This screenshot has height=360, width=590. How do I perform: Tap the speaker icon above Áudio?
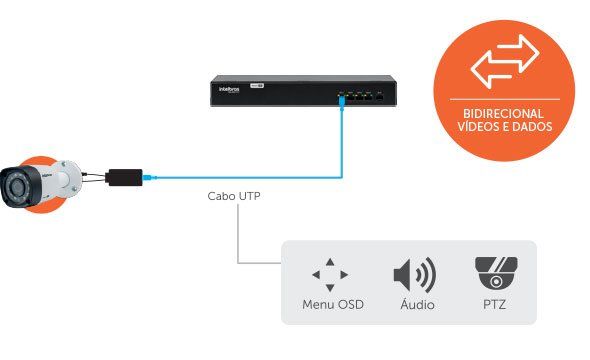[x=413, y=274]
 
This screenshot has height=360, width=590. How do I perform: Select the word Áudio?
[x=413, y=303]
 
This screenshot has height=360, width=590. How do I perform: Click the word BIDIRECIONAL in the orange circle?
[x=504, y=113]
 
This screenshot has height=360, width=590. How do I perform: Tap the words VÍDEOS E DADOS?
[x=504, y=127]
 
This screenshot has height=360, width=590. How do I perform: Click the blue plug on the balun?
[x=147, y=178]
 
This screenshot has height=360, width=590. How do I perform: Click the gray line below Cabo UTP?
[x=238, y=240]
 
